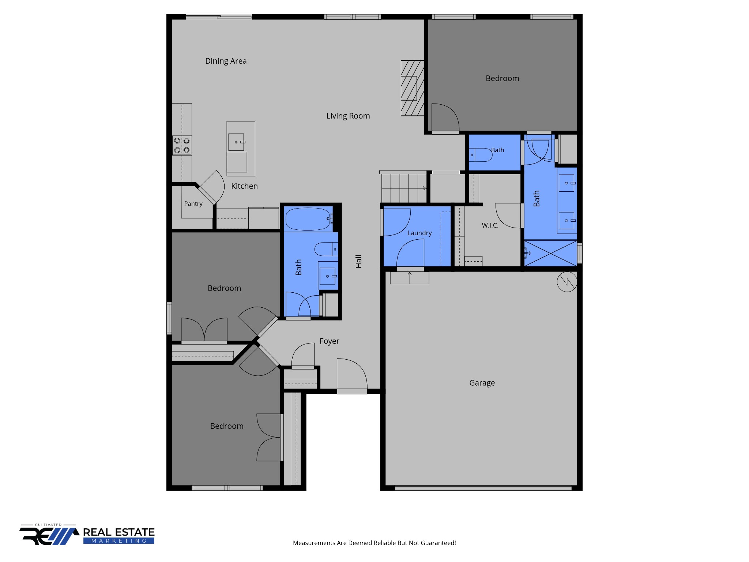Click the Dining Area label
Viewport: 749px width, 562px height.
pos(226,61)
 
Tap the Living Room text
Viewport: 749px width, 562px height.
pos(348,116)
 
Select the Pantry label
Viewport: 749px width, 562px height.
pos(193,204)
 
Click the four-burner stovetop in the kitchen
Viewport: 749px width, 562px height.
pos(182,145)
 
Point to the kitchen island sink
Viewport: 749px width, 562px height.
pos(236,142)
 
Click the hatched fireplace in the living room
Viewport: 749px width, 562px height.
pos(413,88)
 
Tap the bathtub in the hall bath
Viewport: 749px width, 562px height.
pos(308,219)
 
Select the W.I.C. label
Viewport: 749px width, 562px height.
pos(490,225)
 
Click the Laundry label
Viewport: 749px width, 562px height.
pos(419,233)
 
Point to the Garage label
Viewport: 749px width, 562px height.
pos(482,383)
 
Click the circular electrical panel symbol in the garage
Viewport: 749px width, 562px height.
pos(567,282)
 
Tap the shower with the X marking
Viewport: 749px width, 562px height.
pos(550,253)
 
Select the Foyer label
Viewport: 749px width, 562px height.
pos(329,341)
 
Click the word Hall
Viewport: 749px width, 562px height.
pos(359,262)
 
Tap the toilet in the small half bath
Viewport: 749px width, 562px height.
pos(481,155)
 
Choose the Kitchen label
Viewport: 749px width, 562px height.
pos(244,186)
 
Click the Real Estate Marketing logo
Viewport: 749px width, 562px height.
pos(87,535)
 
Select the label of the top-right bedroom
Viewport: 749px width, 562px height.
pos(502,79)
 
